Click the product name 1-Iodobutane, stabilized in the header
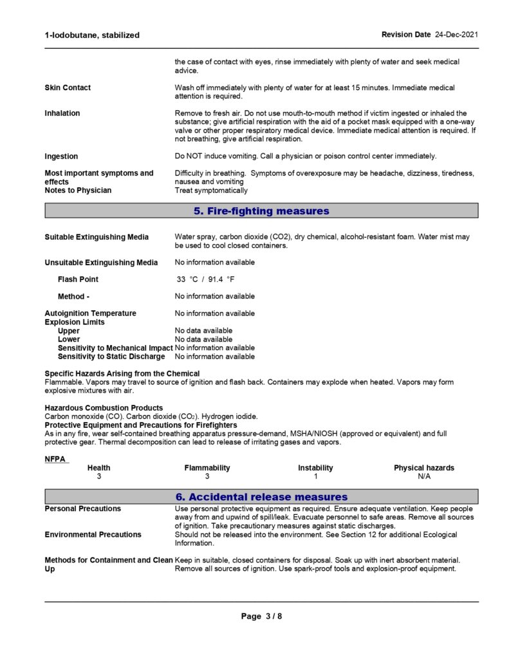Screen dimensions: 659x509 pos(92,35)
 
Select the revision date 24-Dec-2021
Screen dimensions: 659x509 pos(456,34)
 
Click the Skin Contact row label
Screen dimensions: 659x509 pos(68,88)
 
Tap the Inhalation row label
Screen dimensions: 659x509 pos(62,113)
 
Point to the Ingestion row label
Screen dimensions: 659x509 pos(61,156)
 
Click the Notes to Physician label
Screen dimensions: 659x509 pos(78,190)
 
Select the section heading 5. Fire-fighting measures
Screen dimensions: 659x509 pos(261,211)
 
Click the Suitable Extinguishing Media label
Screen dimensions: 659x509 pos(97,237)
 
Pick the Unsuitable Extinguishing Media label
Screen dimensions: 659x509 pos(101,263)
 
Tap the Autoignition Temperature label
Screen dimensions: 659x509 pos(90,313)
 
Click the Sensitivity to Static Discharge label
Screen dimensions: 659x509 pos(111,357)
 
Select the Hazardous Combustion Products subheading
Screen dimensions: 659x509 pos(104,408)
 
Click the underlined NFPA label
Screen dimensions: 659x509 pos(55,459)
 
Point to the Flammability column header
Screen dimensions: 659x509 pos(207,468)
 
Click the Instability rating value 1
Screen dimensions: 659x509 pos(316,477)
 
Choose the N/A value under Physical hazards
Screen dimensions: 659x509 pos(424,477)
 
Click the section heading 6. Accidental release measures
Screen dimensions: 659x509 pos(261,497)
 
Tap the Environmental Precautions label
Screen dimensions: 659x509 pos(93,535)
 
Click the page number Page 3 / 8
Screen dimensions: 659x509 pos(261,617)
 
